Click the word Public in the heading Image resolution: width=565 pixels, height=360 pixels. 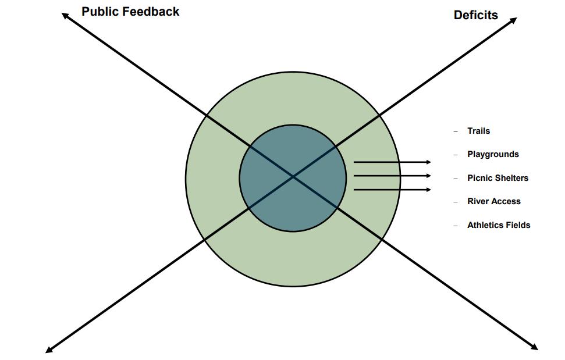tap(100, 12)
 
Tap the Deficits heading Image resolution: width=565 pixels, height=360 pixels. tap(475, 16)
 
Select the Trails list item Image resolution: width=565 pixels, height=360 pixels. tap(478, 131)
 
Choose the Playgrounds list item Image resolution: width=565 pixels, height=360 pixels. tap(493, 154)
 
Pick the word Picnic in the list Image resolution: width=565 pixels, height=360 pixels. tap(480, 178)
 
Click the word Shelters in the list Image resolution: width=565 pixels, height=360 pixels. tap(511, 178)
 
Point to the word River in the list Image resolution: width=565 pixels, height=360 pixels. tap(478, 201)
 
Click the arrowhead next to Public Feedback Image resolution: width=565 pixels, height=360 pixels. tap(65, 15)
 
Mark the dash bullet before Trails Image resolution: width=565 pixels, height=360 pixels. tap(456, 131)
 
